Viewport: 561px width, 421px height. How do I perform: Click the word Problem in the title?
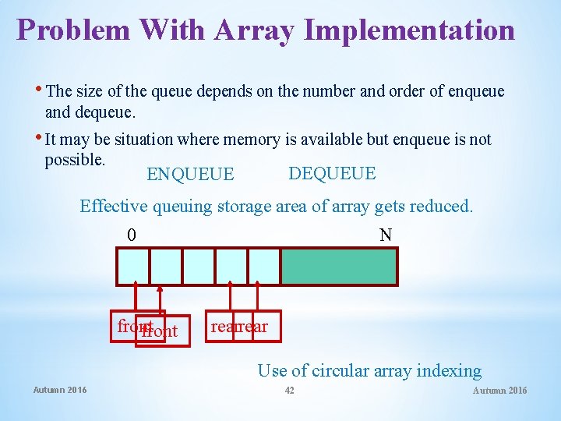point(74,30)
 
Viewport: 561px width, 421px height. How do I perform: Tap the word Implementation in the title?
point(410,30)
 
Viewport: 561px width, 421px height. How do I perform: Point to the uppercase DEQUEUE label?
point(332,173)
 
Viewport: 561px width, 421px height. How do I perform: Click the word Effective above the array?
point(114,207)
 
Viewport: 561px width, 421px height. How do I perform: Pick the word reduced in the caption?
point(443,207)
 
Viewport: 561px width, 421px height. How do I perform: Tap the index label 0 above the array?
point(132,235)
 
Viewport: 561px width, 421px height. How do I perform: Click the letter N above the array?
point(385,235)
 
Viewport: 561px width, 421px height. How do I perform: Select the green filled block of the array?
point(339,267)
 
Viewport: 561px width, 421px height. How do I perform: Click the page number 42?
point(289,390)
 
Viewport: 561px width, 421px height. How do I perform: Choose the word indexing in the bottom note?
point(451,371)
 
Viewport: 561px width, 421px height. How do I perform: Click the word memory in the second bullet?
point(251,140)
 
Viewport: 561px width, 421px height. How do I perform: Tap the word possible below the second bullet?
point(75,159)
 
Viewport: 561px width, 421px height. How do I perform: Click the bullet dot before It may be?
point(41,137)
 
